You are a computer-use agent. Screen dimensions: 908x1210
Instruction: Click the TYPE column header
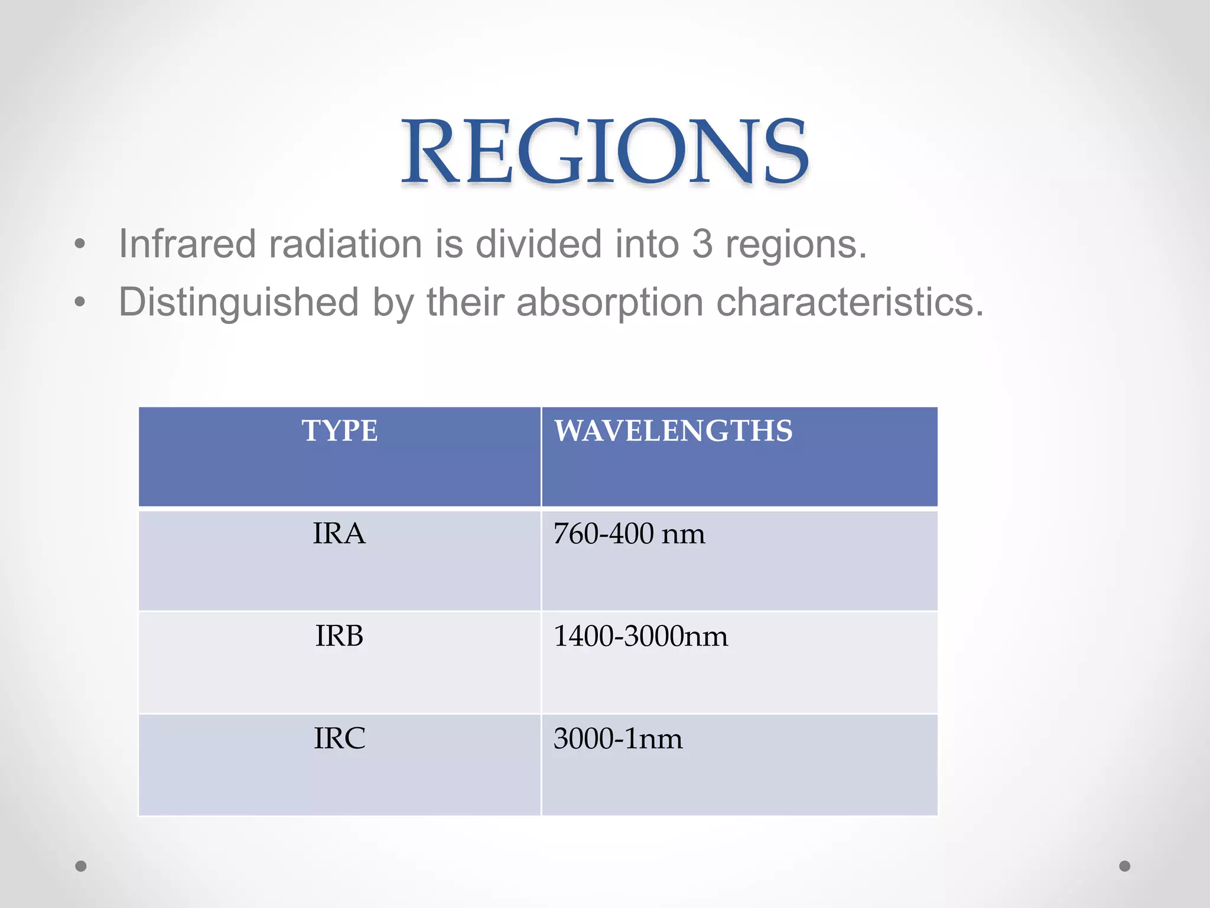pos(340,430)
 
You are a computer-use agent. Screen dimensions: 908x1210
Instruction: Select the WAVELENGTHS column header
pos(673,430)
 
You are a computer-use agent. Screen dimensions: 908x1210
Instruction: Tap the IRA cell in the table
pos(339,534)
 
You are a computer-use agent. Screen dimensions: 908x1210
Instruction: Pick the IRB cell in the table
pos(339,636)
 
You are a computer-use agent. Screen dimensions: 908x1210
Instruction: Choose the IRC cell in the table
pos(339,738)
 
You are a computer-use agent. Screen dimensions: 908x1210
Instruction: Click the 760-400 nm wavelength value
pos(629,534)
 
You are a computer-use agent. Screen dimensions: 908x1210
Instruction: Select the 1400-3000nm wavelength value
pos(640,636)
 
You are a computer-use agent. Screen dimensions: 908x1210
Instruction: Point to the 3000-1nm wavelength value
pos(618,738)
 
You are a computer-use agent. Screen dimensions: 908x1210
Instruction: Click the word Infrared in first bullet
pos(187,244)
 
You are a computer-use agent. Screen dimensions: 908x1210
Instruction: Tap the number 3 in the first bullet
pos(702,244)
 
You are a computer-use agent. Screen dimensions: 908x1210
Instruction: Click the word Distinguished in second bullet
pos(239,302)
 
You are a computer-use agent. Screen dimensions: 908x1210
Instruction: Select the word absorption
pos(609,302)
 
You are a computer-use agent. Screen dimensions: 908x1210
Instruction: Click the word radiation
pos(345,244)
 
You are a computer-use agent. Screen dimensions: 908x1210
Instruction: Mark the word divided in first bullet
pos(538,244)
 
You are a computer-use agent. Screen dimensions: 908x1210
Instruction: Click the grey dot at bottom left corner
pos(81,866)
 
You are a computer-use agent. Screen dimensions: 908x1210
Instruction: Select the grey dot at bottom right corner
pos(1125,866)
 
